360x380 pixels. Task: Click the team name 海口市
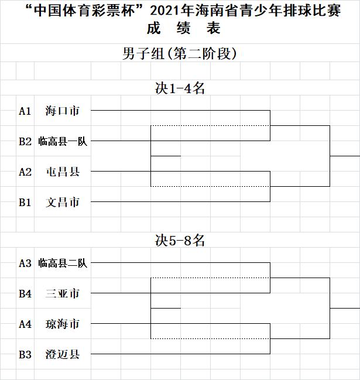click(63, 111)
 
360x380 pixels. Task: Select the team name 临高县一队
click(63, 141)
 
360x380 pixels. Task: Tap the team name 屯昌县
click(63, 172)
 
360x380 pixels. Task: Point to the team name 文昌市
click(63, 202)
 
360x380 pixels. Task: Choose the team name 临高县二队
click(63, 263)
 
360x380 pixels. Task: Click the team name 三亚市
click(63, 293)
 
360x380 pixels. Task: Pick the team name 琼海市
click(63, 324)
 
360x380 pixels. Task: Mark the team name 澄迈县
click(63, 354)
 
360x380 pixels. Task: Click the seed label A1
click(25, 111)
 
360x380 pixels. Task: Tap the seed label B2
click(25, 142)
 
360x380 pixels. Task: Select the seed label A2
click(25, 172)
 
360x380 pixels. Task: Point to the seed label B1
click(25, 203)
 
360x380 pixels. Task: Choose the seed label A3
click(25, 263)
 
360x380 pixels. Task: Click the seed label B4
click(25, 294)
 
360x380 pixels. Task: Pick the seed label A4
click(25, 324)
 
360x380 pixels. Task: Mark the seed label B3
click(25, 355)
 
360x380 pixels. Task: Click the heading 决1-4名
click(180, 88)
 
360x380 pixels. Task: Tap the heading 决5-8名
click(180, 241)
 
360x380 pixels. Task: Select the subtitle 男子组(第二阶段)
click(180, 53)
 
